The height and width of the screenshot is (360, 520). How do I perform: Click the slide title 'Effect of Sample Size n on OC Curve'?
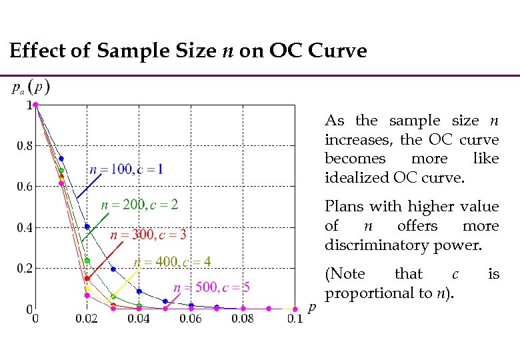[188, 51]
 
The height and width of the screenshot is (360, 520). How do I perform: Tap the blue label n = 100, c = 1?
[126, 169]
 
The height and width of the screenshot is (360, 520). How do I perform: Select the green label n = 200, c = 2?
[139, 204]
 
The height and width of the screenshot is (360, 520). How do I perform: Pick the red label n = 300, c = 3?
[148, 235]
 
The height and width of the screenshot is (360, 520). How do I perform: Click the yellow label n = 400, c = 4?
[173, 262]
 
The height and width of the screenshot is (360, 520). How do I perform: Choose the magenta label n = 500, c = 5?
[211, 287]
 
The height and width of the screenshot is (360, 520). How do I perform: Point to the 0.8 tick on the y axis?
[25, 146]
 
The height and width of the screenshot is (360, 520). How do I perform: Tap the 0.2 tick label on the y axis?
[25, 269]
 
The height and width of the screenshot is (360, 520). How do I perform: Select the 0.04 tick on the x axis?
[139, 319]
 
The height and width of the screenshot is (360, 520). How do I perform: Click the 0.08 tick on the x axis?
[243, 319]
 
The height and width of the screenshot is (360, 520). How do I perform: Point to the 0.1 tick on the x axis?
[294, 319]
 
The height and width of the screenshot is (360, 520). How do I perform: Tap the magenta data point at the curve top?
[35, 105]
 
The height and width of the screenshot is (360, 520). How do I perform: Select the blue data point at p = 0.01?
[61, 159]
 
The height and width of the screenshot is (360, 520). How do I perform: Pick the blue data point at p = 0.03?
[113, 269]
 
